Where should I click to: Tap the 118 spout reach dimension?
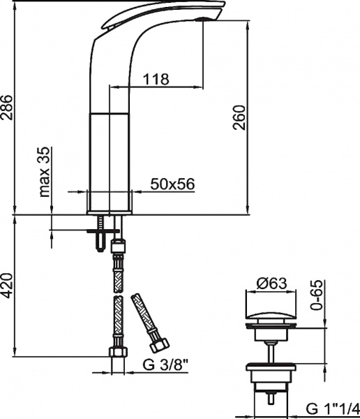[157, 79]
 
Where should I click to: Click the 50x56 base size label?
[172, 184]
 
